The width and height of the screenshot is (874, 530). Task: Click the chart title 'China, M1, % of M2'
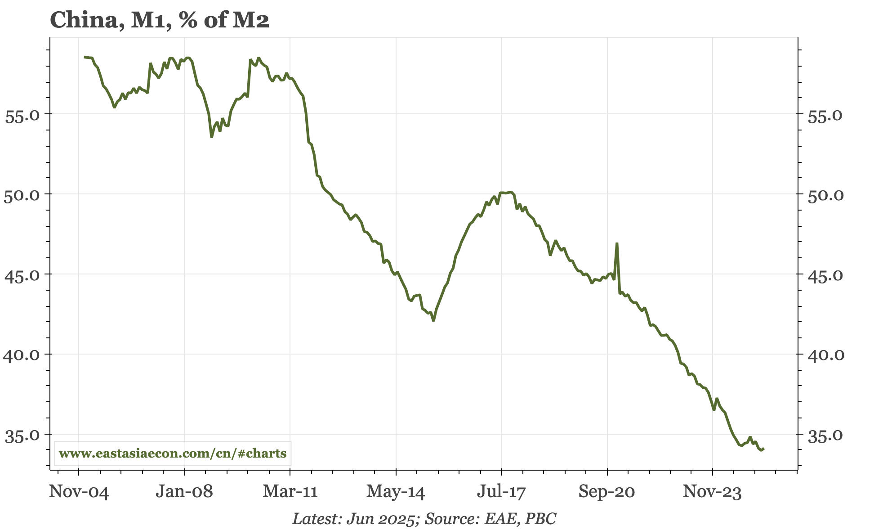click(160, 20)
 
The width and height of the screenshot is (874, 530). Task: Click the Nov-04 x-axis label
click(79, 492)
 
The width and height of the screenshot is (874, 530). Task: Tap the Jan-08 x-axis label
click(184, 492)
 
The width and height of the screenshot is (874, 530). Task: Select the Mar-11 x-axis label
click(290, 492)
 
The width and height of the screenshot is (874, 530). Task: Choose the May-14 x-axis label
click(396, 492)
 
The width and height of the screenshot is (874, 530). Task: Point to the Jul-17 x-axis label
click(501, 492)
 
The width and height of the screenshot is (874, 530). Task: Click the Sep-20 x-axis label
click(607, 492)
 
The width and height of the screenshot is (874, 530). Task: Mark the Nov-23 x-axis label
click(713, 492)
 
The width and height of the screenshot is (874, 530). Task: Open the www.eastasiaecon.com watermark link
click(173, 454)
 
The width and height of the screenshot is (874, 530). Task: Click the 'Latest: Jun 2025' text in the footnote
click(353, 519)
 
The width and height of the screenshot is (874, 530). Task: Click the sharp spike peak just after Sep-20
click(617, 243)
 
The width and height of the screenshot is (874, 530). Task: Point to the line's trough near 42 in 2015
click(433, 320)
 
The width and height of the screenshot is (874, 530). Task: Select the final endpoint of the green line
click(764, 449)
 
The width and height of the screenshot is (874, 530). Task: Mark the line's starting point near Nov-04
click(85, 57)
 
